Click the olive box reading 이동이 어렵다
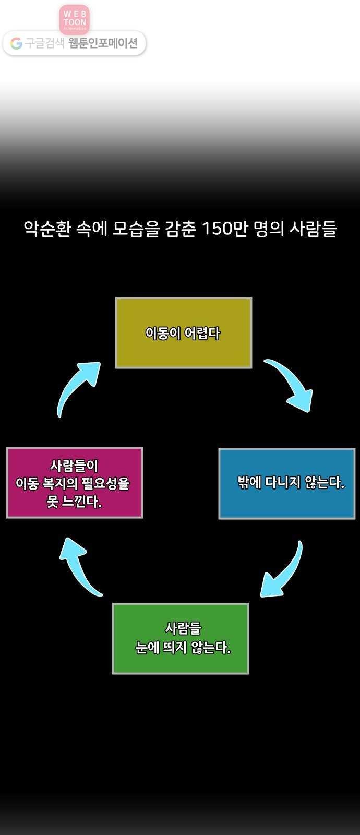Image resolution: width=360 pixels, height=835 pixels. tap(183, 333)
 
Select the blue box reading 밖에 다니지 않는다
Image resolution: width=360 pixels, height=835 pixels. tap(286, 483)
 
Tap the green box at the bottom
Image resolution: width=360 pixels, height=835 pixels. tap(181, 639)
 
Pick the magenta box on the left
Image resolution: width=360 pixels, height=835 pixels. tap(75, 482)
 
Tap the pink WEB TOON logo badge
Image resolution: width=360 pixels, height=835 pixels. tap(75, 19)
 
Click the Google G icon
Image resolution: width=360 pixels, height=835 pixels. tap(16, 44)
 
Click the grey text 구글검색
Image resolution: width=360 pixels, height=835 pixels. tap(45, 44)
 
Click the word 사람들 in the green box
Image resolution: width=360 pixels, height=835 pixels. tap(183, 628)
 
